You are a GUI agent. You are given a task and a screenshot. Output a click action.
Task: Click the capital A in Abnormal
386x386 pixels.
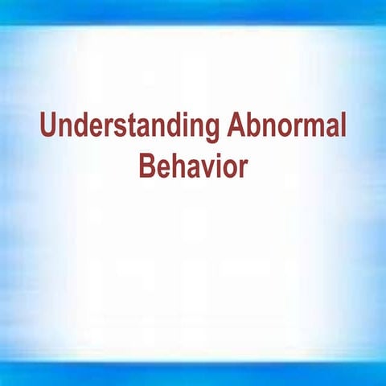coord(235,127)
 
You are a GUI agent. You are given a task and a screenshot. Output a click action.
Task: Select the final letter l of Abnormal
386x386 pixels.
coord(343,127)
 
